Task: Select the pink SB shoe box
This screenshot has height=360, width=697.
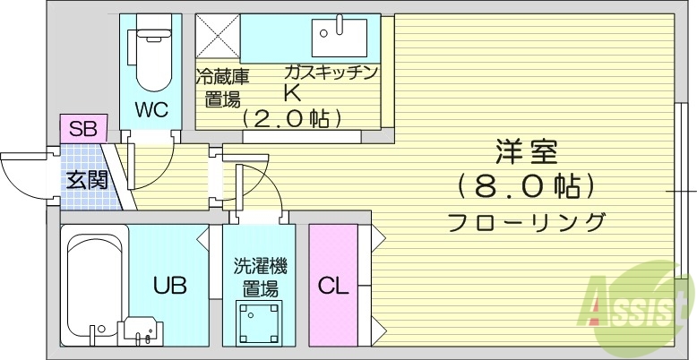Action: click(83, 127)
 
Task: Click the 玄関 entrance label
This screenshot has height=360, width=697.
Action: click(86, 179)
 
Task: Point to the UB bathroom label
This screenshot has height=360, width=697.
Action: click(169, 287)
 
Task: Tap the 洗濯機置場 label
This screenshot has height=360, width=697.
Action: click(261, 277)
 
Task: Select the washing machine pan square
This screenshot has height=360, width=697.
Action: click(261, 321)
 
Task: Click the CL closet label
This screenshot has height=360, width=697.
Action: click(333, 287)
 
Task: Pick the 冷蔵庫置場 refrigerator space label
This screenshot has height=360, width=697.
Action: click(221, 87)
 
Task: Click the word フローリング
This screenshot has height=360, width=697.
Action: click(526, 221)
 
